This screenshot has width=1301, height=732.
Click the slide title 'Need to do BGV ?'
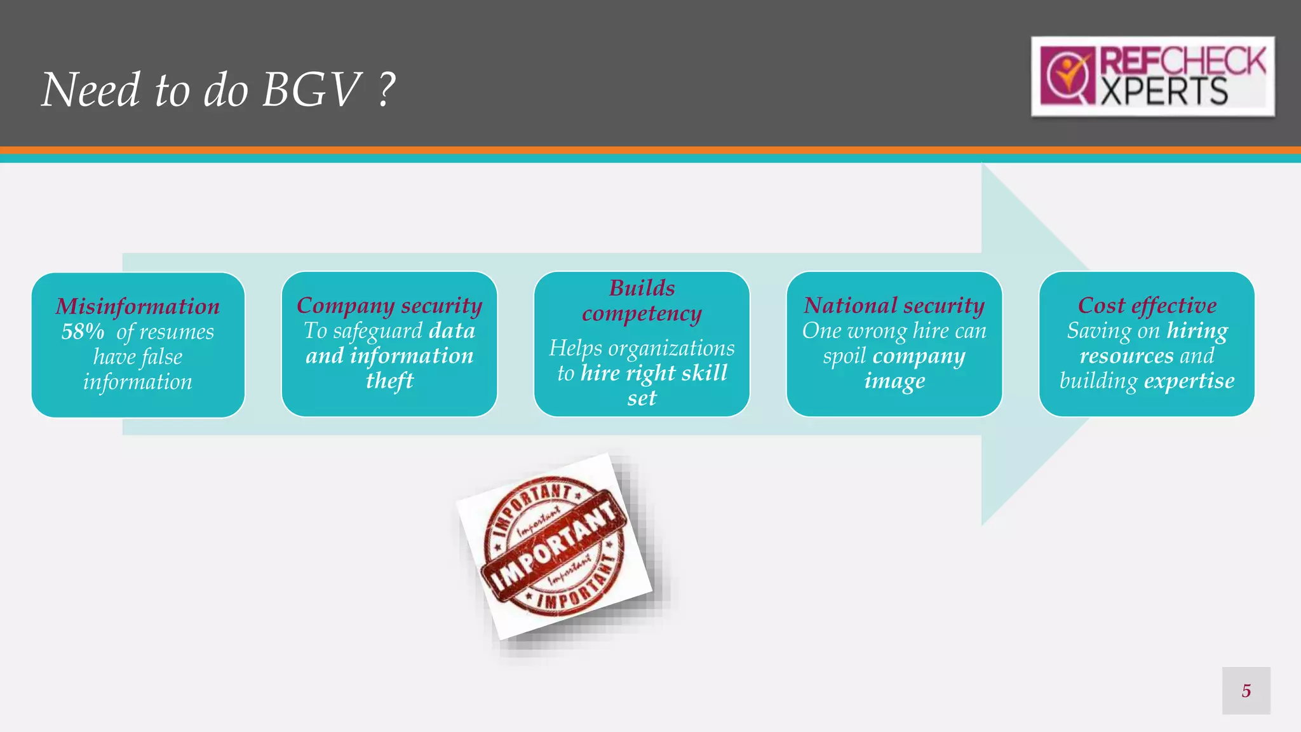coord(219,89)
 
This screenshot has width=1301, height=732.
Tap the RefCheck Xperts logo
coord(1152,76)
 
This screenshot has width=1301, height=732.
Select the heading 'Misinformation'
coord(138,306)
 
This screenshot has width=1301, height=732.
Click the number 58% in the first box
coord(83,332)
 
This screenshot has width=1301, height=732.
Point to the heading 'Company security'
coord(389,306)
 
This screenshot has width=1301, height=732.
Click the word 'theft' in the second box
coord(389,381)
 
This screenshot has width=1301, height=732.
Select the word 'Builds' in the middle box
coord(642,288)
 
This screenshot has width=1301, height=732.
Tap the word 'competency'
coord(642,313)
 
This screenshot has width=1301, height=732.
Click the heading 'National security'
coord(894,306)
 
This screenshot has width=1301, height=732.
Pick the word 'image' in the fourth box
coord(894,381)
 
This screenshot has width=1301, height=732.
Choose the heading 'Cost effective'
coord(1147,306)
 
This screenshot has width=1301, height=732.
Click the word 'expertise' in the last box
coord(1189,381)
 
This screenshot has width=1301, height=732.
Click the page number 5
coord(1246,691)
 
